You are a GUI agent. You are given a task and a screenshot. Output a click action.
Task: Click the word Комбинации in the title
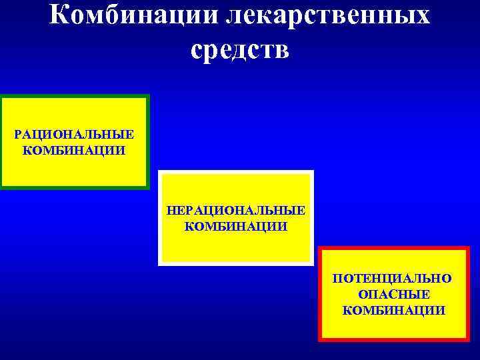tap(134, 15)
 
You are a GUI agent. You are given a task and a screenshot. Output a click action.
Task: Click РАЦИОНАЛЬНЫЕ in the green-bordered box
tap(74, 135)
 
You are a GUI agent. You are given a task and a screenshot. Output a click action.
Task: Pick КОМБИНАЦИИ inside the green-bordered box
tap(74, 149)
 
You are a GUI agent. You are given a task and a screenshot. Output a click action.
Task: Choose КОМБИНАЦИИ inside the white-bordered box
tap(236, 226)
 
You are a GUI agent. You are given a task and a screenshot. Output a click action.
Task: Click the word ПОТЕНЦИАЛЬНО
tap(394, 279)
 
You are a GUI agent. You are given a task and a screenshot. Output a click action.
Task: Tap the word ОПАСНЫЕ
tap(394, 294)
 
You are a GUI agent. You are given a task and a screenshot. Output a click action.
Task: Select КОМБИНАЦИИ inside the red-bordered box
tap(394, 309)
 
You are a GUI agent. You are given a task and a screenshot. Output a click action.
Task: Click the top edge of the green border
tap(74, 97)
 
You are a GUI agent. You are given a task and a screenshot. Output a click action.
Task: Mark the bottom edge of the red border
tap(394, 339)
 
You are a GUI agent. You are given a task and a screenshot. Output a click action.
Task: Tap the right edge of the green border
tap(147, 142)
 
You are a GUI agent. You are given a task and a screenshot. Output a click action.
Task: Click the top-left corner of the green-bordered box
tap(2, 97)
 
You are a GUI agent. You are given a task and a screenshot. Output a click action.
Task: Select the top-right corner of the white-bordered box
tap(311, 173)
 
